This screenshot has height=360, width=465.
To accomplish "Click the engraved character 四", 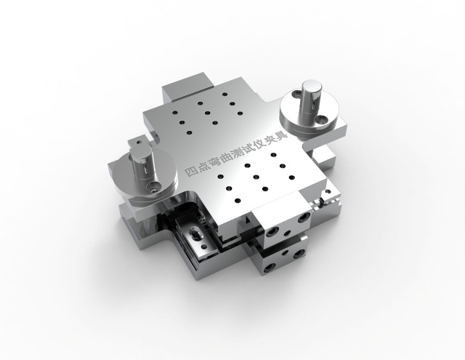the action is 190,172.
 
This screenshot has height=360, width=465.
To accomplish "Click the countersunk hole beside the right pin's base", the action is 321,120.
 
